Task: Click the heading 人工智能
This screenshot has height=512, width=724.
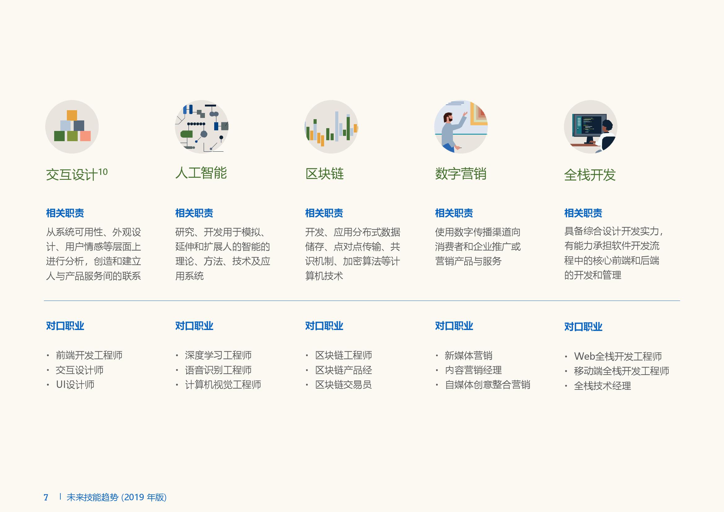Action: click(x=201, y=173)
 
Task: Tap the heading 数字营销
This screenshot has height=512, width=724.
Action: click(x=460, y=174)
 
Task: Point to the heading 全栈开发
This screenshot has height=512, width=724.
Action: click(x=590, y=175)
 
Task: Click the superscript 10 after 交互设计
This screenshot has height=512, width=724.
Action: click(x=103, y=172)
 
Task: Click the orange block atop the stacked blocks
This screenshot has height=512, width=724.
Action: click(x=72, y=115)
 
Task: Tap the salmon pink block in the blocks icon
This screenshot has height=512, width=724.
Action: click(x=85, y=136)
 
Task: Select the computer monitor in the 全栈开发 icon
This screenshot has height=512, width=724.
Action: click(x=589, y=125)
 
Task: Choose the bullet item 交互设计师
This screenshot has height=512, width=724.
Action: click(x=80, y=370)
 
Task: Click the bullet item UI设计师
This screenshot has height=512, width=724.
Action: click(x=75, y=385)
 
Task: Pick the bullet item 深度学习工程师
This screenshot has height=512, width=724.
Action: click(x=218, y=355)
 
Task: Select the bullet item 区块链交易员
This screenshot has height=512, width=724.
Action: click(x=343, y=385)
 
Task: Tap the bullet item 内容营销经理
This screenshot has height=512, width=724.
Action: click(x=473, y=370)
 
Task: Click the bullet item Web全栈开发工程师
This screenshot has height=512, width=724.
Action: click(x=618, y=356)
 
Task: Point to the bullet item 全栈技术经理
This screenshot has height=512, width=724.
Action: click(x=602, y=386)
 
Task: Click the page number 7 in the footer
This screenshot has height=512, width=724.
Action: click(x=46, y=497)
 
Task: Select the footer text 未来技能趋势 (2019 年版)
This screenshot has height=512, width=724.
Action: click(x=116, y=497)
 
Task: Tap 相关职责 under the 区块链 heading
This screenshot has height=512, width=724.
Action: click(x=324, y=213)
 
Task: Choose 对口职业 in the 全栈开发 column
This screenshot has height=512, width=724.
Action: click(x=583, y=327)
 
